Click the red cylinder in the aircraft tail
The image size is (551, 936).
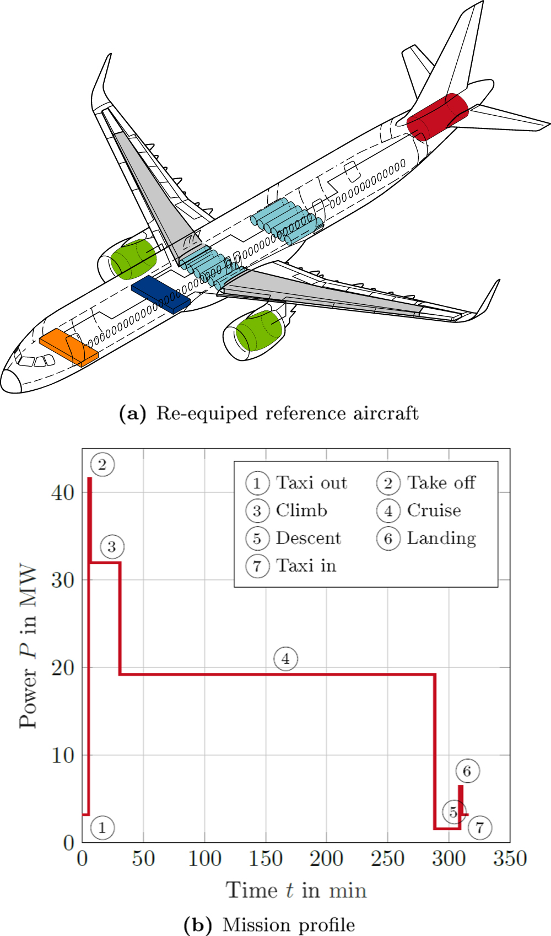437,116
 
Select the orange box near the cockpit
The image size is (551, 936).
68,347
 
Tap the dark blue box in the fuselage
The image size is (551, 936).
160,294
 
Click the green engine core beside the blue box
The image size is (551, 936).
133,259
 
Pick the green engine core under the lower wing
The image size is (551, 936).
258,330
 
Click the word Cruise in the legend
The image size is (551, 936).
434,510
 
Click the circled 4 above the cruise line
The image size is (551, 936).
285,659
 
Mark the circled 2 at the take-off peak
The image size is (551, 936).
102,465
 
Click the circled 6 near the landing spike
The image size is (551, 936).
467,771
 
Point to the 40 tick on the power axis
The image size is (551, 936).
62,492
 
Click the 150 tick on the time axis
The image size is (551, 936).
266,858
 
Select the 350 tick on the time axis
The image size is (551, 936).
510,858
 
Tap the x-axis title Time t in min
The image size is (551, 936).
296,890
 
